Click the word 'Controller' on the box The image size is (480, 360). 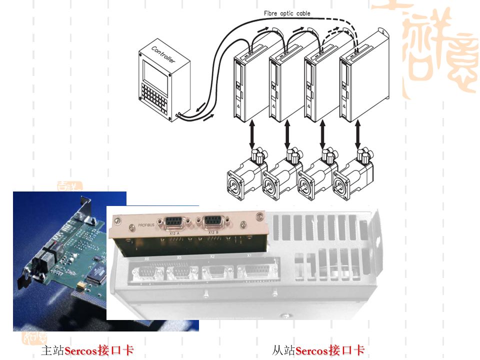click(163, 54)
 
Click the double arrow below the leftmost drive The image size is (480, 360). click(252, 134)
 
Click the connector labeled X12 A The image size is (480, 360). click(173, 223)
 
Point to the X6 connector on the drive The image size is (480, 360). click(146, 273)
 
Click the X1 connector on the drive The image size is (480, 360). click(255, 272)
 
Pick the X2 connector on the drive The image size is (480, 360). click(217, 272)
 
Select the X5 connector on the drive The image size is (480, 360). click(182, 273)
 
